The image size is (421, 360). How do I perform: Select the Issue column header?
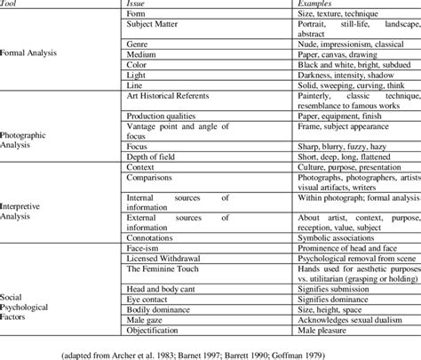pyautogui.click(x=139, y=5)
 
